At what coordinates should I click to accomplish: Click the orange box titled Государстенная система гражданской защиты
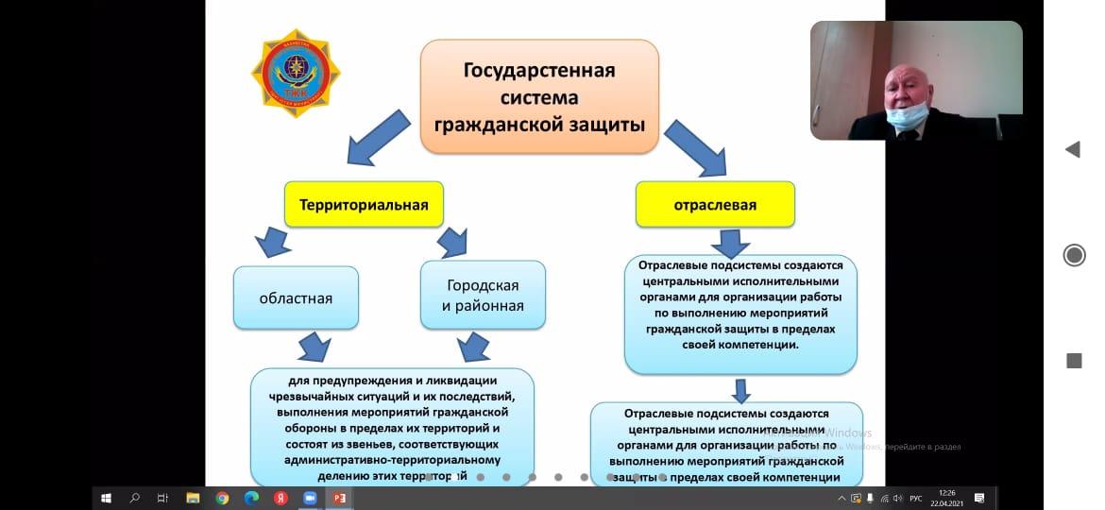(x=539, y=96)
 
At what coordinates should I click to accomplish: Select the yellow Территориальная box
(x=364, y=204)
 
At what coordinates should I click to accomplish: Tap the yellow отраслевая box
(x=715, y=204)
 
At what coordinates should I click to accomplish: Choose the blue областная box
(x=296, y=297)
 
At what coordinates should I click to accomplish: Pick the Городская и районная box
(x=483, y=296)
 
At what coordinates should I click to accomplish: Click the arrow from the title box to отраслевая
(x=695, y=147)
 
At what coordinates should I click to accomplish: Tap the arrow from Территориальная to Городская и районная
(x=453, y=242)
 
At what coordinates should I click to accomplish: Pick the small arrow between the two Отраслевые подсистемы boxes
(x=741, y=389)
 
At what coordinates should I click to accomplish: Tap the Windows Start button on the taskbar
(x=106, y=498)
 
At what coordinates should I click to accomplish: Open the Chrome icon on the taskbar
(x=222, y=498)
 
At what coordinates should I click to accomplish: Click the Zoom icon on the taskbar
(x=310, y=498)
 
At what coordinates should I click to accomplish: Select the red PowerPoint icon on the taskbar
(x=340, y=498)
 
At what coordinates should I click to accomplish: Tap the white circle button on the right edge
(x=1074, y=255)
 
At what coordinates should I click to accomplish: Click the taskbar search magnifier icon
(x=134, y=498)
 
